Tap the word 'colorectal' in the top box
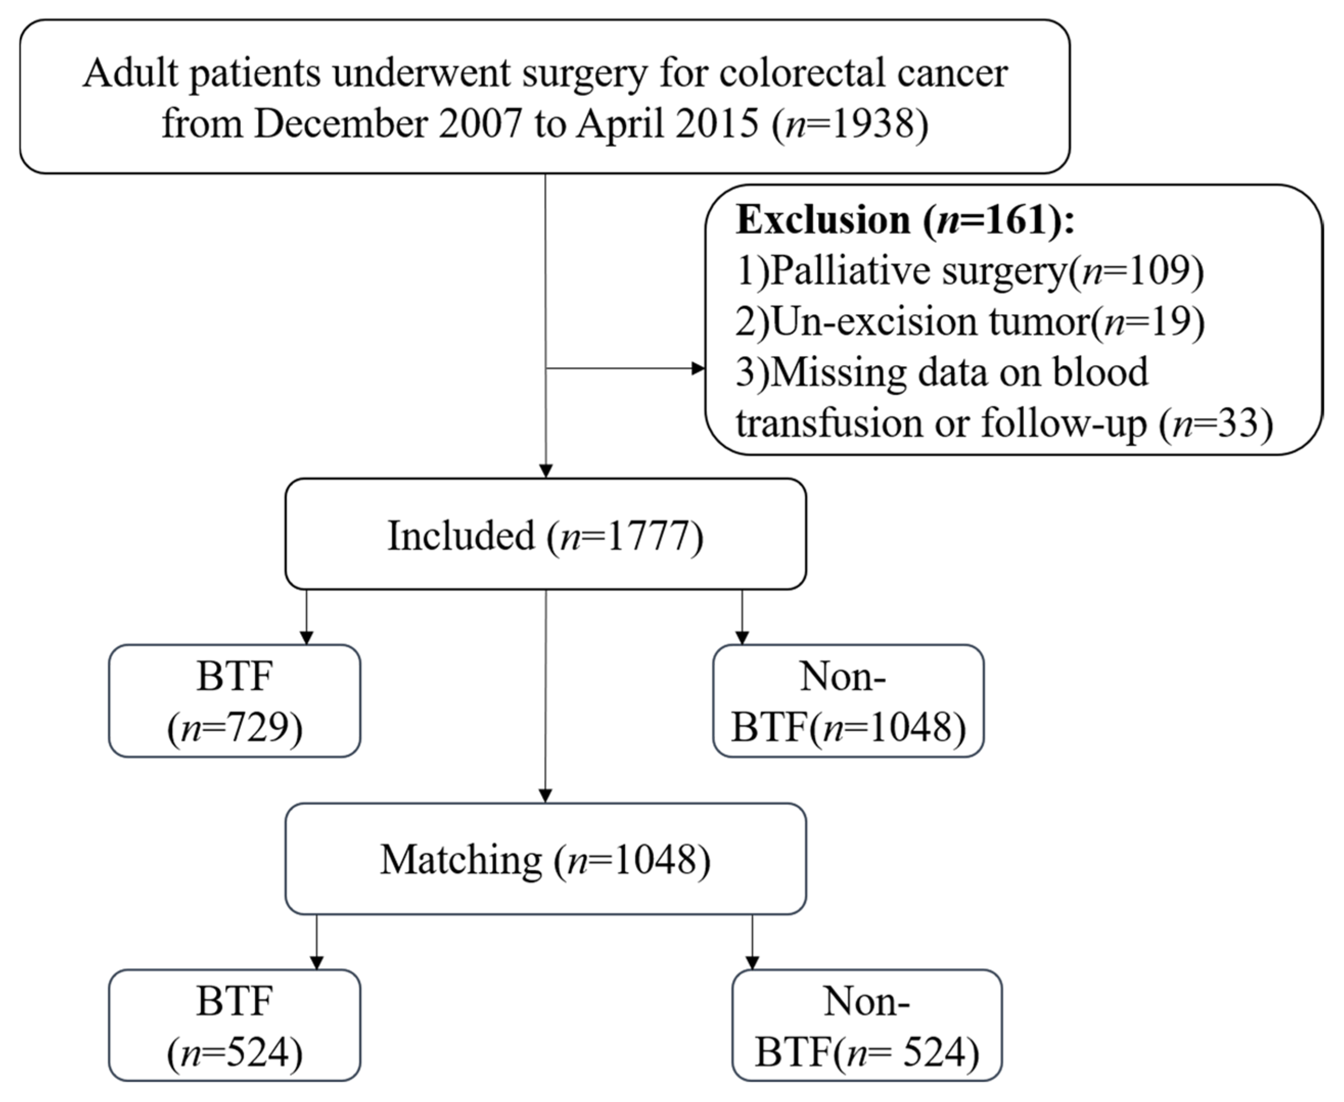(802, 73)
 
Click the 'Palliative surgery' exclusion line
(969, 271)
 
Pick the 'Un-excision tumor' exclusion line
(970, 322)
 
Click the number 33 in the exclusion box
(1237, 424)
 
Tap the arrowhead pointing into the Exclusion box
(698, 368)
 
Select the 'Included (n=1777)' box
(546, 534)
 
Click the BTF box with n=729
(235, 701)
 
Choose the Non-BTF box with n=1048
(848, 701)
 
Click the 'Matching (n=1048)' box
(546, 859)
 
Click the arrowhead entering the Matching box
(545, 796)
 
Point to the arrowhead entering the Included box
(546, 471)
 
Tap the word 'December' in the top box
(340, 123)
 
